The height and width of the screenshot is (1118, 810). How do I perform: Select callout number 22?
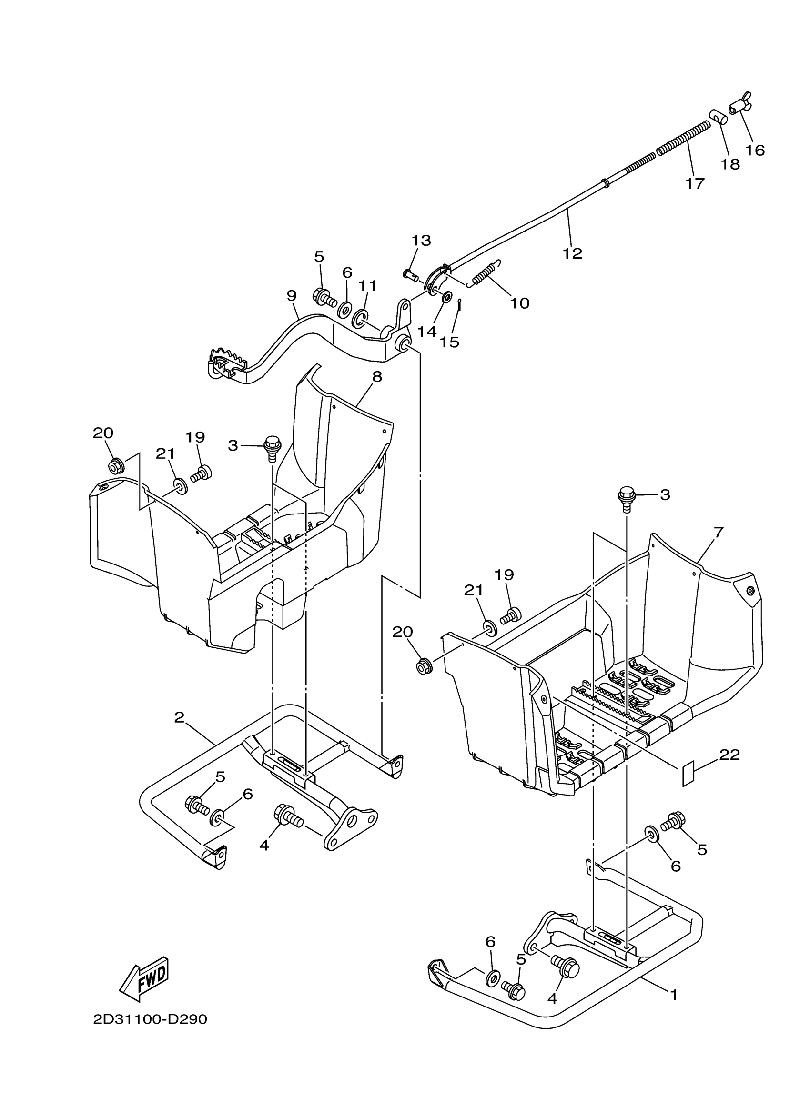[x=729, y=755]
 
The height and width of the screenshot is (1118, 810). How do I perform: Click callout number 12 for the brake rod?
[x=573, y=253]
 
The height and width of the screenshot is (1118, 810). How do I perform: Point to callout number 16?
[x=755, y=150]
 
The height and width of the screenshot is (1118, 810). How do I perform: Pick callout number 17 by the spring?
[x=695, y=183]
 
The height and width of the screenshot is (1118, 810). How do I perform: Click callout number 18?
[x=730, y=164]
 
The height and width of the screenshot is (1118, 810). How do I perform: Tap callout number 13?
[x=422, y=241]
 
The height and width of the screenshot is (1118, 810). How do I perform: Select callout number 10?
[x=519, y=302]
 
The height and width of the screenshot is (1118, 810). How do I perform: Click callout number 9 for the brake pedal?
[x=292, y=296]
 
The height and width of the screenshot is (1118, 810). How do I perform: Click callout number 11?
[x=367, y=285]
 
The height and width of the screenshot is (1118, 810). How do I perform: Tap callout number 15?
[x=450, y=342]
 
